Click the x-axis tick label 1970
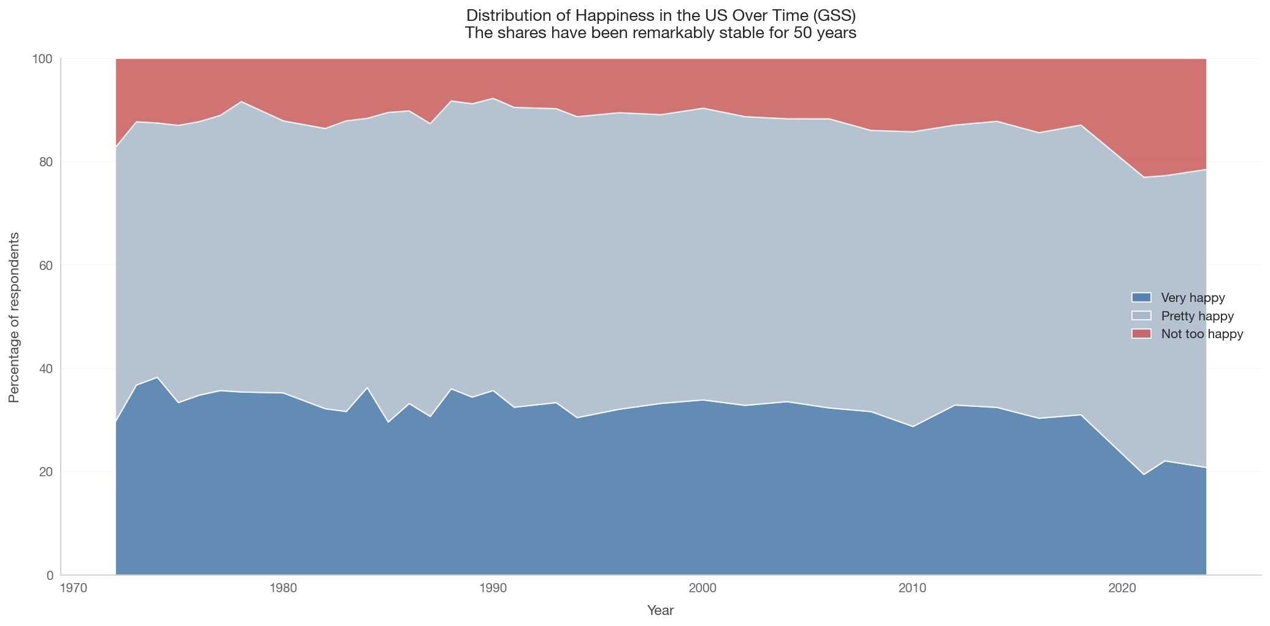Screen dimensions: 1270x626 73,588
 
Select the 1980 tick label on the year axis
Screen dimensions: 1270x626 283,588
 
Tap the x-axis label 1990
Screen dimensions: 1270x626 493,588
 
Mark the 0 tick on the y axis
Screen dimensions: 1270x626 51,576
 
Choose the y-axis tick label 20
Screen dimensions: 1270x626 48,472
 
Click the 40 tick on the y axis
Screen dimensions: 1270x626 48,369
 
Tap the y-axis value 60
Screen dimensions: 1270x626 48,265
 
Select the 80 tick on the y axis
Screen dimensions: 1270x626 48,162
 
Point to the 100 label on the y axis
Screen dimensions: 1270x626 45,59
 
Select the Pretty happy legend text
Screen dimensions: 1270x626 1198,316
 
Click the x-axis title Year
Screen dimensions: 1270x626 661,611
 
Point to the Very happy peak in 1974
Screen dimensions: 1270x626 157,377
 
